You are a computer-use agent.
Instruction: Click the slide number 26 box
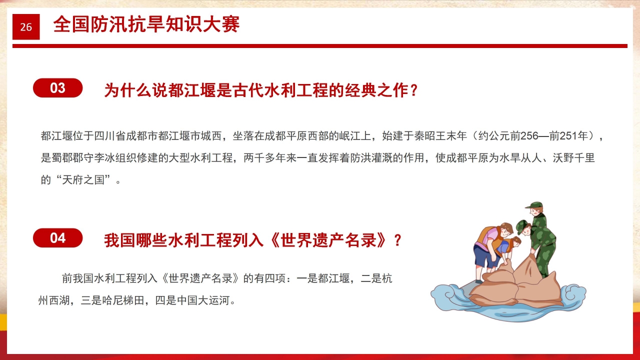tap(26, 27)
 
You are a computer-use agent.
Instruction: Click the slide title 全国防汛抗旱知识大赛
tap(146, 24)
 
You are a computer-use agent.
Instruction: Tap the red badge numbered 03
tap(57, 88)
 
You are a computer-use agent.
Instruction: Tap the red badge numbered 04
tap(57, 238)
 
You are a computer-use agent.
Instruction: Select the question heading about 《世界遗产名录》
tap(252, 240)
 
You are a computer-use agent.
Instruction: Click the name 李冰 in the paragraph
tap(112, 158)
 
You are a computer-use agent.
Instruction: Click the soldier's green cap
tap(534, 205)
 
